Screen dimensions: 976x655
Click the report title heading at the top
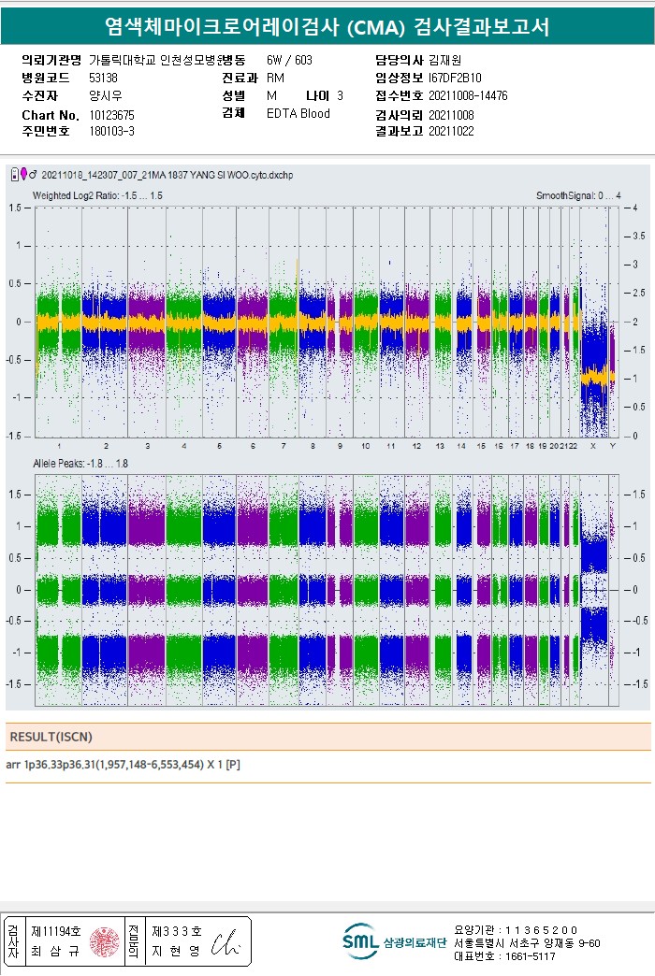tap(327, 27)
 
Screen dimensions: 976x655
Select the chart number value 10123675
tap(111, 114)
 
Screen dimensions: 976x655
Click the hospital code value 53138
tap(103, 79)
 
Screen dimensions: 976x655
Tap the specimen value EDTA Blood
tap(298, 114)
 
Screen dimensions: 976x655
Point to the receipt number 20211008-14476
tap(468, 96)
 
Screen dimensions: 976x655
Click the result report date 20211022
tap(451, 132)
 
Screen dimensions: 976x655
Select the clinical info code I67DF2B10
tap(455, 79)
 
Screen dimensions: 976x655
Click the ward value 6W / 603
tap(289, 61)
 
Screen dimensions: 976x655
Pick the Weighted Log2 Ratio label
tap(97, 195)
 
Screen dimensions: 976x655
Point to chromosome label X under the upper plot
tap(592, 445)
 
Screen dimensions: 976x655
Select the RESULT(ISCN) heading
tap(51, 737)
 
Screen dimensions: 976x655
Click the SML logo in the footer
tap(360, 941)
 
